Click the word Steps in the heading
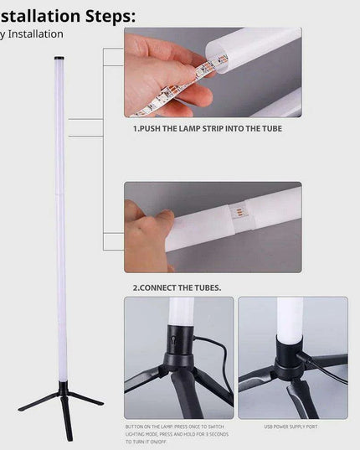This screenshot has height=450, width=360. point(100,15)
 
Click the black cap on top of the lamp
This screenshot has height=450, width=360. point(59,58)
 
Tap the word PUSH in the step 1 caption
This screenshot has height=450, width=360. point(156,129)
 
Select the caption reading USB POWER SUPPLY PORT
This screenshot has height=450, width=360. point(292,427)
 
